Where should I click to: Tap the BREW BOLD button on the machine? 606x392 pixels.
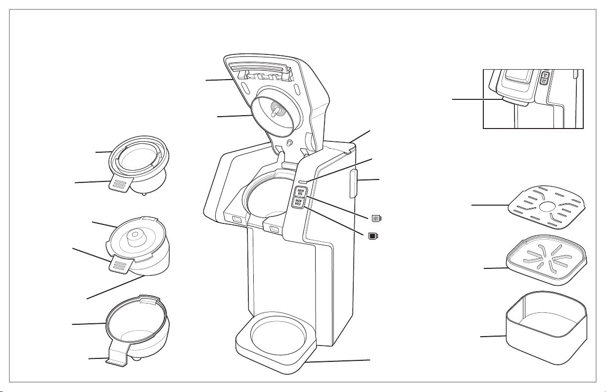[x=299, y=203]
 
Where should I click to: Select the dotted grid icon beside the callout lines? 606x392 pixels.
[x=376, y=218]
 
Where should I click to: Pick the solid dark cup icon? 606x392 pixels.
[x=373, y=235]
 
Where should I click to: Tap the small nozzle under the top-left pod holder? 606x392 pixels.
[x=143, y=194]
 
